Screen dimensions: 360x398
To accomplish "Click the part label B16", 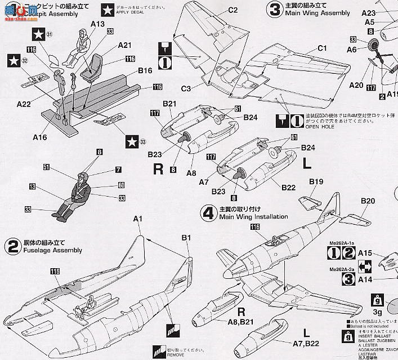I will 145,71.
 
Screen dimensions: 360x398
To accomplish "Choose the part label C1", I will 321,48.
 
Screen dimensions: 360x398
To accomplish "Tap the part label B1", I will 187,238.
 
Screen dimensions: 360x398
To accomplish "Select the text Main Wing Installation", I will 253,216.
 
